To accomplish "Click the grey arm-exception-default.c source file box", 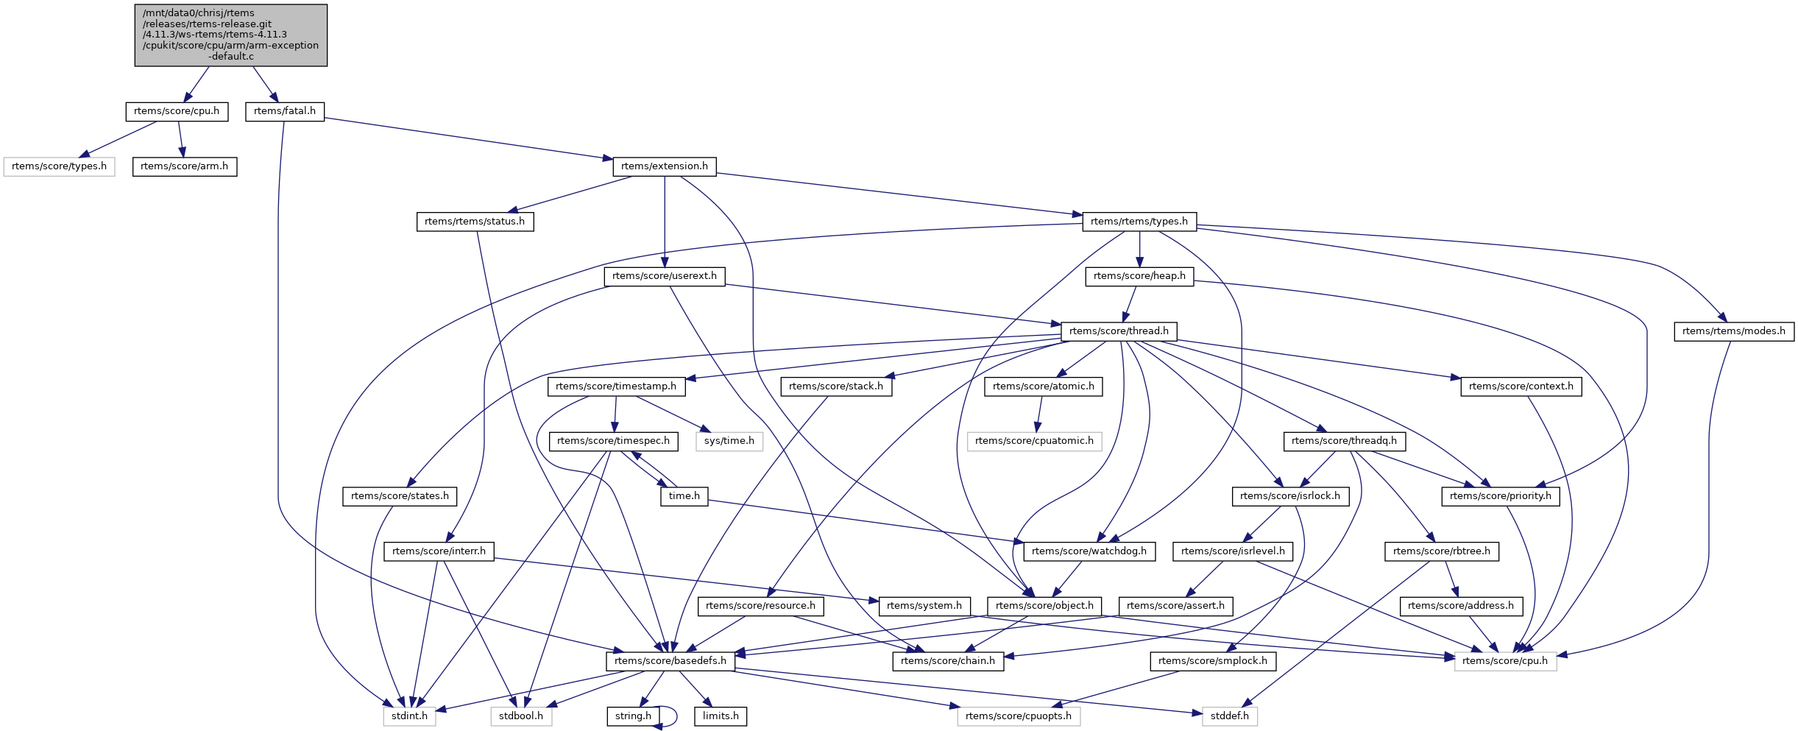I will coord(230,35).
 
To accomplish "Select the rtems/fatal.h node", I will coord(284,111).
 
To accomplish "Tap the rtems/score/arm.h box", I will coord(184,166).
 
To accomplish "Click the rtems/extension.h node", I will coord(664,166).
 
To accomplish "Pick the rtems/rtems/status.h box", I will coord(475,222).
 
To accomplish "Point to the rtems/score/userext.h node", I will coord(664,276).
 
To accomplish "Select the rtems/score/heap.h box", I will coord(1139,276).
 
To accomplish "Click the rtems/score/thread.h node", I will coord(1119,331).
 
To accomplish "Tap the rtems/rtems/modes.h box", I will coord(1733,331).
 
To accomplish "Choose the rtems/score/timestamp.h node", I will coord(615,386).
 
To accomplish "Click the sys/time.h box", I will coord(729,441).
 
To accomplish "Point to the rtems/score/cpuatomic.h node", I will coord(1034,441).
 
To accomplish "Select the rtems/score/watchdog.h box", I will coord(1089,551).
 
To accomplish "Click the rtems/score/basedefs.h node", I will coord(670,661).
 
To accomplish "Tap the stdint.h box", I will coord(409,716).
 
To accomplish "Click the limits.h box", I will coord(720,716).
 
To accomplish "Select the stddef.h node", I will coord(1229,716).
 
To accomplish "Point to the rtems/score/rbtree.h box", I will coord(1441,551).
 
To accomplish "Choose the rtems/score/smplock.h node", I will coord(1212,661).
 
